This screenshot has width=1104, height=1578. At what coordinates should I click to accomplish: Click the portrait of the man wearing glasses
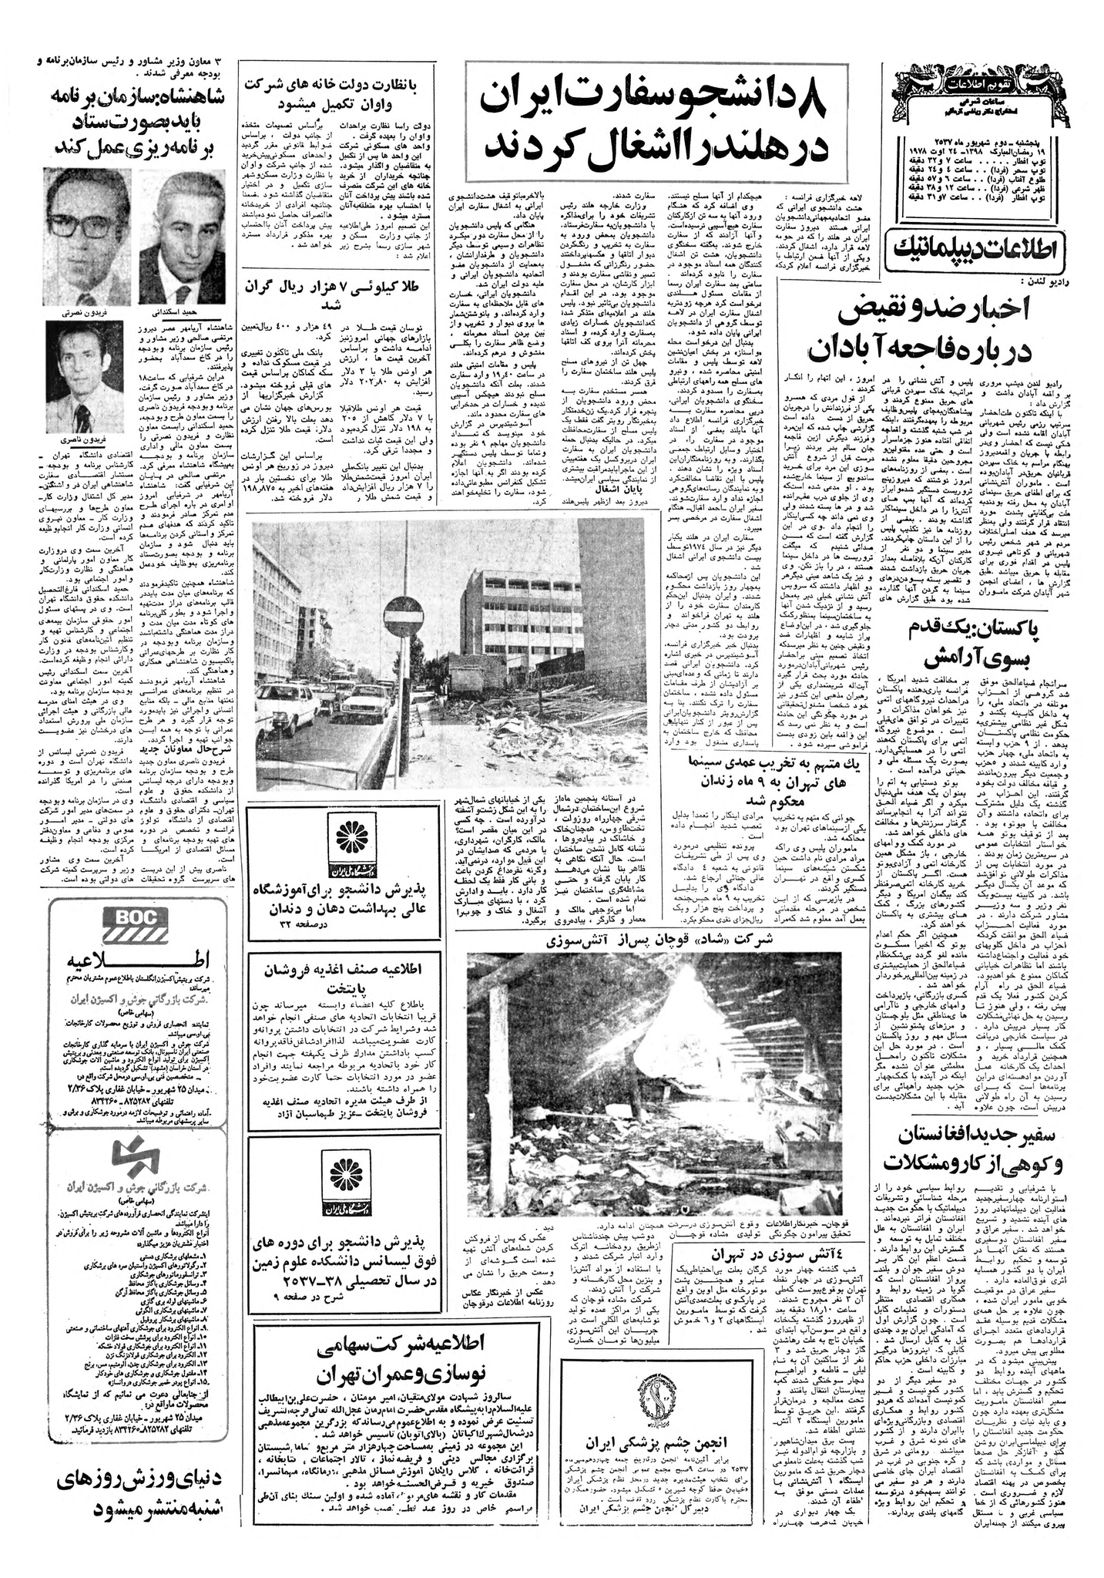click(88, 216)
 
